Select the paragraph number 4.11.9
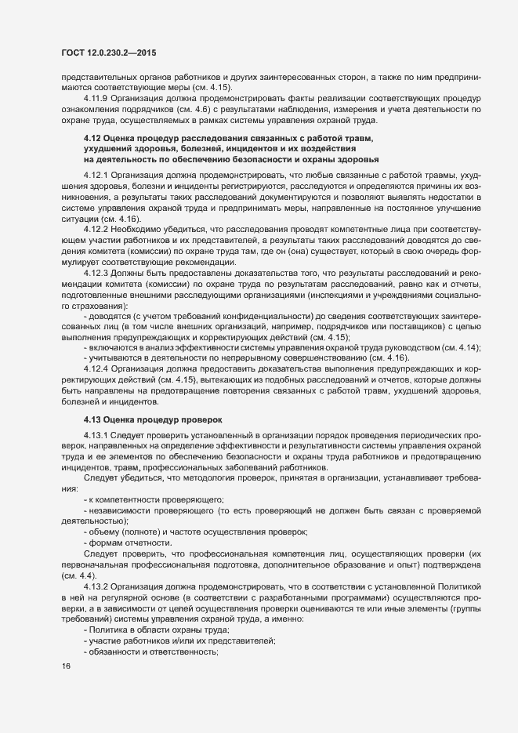pos(96,99)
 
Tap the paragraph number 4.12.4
pos(96,368)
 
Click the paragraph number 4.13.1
pos(96,434)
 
